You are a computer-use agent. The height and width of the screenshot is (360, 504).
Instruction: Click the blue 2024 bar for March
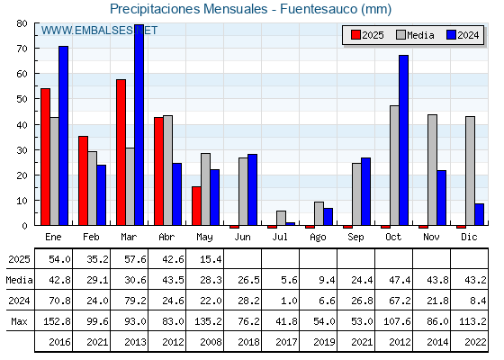[139, 125]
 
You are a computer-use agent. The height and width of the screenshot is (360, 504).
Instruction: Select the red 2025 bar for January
[45, 157]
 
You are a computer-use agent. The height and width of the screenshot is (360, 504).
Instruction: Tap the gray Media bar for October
[394, 166]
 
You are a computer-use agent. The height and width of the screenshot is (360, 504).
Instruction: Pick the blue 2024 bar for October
[404, 140]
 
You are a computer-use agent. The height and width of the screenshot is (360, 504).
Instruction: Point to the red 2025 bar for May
[196, 206]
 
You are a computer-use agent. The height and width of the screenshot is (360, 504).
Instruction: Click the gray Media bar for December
[470, 171]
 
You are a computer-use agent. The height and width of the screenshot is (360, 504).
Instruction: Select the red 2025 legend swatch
[355, 35]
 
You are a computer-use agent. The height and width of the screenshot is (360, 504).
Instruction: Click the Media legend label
[420, 35]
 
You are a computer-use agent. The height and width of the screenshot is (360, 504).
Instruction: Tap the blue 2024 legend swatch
[451, 35]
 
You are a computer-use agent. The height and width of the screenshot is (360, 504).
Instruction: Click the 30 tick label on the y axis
[22, 150]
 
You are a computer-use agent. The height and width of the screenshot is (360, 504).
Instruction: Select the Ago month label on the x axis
[318, 238]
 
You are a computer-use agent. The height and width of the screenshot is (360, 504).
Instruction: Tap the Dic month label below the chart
[469, 237]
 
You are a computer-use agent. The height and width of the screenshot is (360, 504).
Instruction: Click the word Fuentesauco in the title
[319, 9]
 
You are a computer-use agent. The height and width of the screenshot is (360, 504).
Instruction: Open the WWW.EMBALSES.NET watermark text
[99, 31]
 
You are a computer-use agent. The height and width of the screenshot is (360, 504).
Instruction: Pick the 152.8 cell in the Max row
[57, 321]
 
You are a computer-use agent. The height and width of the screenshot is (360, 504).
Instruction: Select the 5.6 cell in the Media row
[289, 280]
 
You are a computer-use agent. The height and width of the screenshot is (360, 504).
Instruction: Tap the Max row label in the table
[19, 321]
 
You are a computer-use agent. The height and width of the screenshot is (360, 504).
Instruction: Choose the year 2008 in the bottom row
[211, 342]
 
